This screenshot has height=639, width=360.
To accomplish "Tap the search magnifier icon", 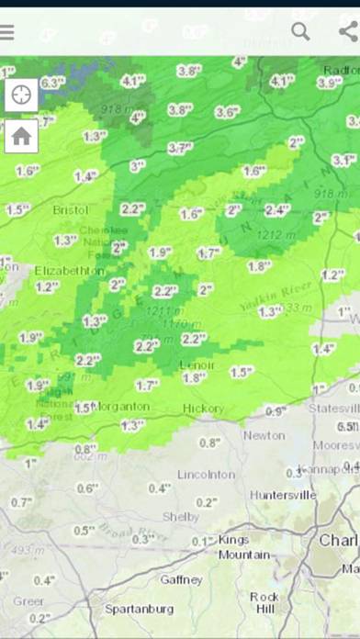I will click(300, 31).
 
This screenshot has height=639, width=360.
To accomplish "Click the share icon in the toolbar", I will click(348, 31).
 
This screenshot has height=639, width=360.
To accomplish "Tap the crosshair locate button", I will click(21, 94).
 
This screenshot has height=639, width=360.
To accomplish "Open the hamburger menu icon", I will click(6, 32).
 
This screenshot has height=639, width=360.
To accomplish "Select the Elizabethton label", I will click(70, 271).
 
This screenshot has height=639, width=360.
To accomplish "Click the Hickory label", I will click(203, 408).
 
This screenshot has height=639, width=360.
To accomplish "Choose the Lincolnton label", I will click(207, 474).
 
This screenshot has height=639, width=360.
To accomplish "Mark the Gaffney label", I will click(181, 580).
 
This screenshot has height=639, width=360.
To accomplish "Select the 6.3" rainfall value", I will click(52, 83).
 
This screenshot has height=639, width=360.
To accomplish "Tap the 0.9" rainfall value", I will click(275, 410).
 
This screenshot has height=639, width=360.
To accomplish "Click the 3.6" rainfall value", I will click(227, 112).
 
